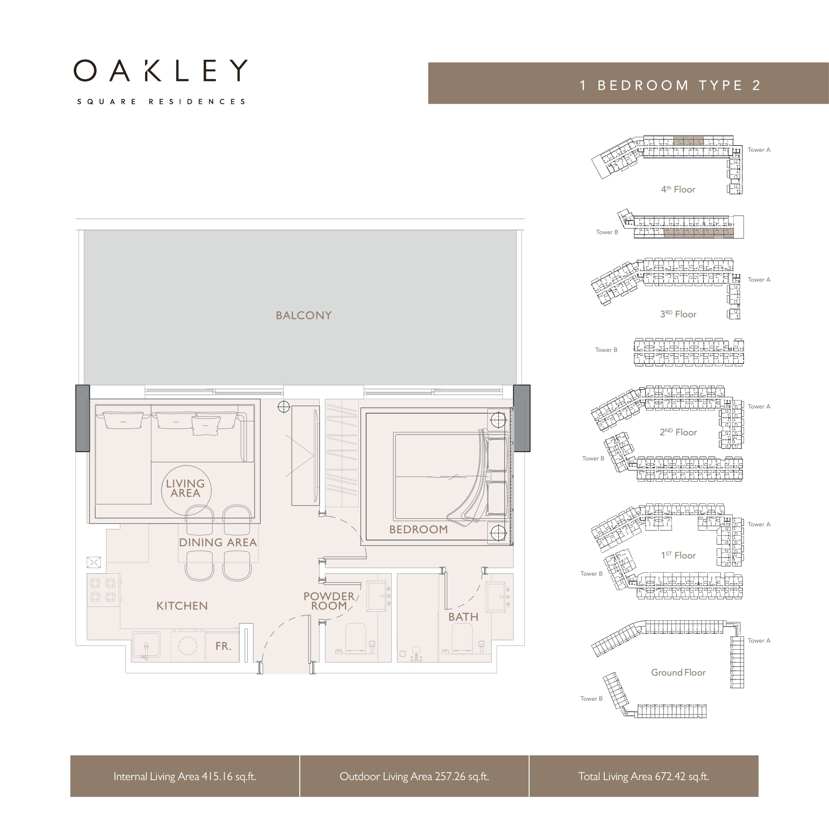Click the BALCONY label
click(x=303, y=315)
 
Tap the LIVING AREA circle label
click(x=185, y=488)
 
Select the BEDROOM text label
click(x=418, y=529)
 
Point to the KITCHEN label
click(x=182, y=606)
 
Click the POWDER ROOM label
click(x=329, y=601)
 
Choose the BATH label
click(x=463, y=617)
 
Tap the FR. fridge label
click(x=223, y=646)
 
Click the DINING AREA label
click(x=218, y=543)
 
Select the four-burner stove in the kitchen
click(x=103, y=590)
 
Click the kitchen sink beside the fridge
click(x=146, y=644)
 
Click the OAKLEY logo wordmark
click(x=161, y=70)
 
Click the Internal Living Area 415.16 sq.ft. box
click(x=185, y=776)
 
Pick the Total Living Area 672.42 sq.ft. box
click(x=644, y=776)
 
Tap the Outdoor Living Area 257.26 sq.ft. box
click(x=414, y=776)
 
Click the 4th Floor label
click(x=678, y=189)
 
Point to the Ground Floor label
click(x=678, y=672)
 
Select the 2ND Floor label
click(x=678, y=432)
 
